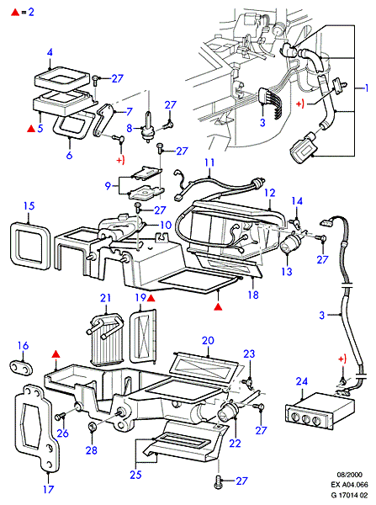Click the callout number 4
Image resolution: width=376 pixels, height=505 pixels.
click(x=50, y=52)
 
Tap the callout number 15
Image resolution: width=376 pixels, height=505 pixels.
click(x=29, y=206)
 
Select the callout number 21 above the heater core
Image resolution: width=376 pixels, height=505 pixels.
click(x=106, y=298)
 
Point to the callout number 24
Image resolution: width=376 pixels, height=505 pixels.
click(x=302, y=381)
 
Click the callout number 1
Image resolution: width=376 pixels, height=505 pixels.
click(x=366, y=88)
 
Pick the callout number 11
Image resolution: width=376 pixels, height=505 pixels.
click(x=209, y=162)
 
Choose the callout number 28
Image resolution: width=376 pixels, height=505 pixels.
click(x=92, y=450)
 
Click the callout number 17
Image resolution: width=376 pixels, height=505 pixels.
click(x=48, y=490)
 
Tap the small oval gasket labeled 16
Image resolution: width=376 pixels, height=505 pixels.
click(x=22, y=368)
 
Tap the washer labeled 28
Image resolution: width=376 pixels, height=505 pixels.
click(x=92, y=427)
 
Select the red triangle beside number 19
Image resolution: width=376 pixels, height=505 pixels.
click(x=151, y=299)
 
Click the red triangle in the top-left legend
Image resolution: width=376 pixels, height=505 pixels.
click(x=15, y=13)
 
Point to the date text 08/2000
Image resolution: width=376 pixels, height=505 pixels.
click(x=349, y=475)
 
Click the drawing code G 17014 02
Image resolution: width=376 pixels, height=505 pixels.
click(x=349, y=495)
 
